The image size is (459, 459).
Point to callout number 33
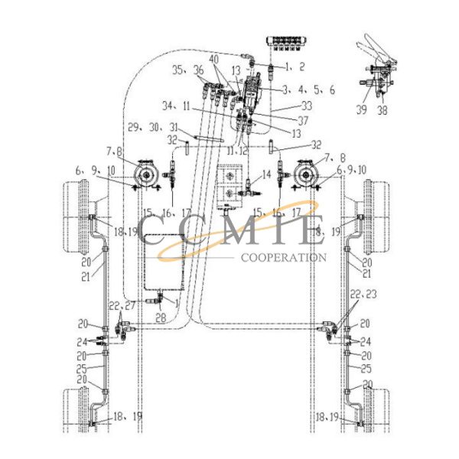coord(285,105)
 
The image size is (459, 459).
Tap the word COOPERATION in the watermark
coord(283,258)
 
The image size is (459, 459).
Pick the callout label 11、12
coord(237,151)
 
